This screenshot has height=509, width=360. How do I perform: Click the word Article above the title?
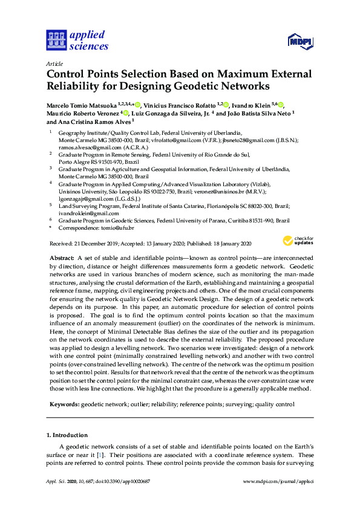[54, 63]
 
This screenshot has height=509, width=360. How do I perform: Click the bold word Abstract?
[63, 258]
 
